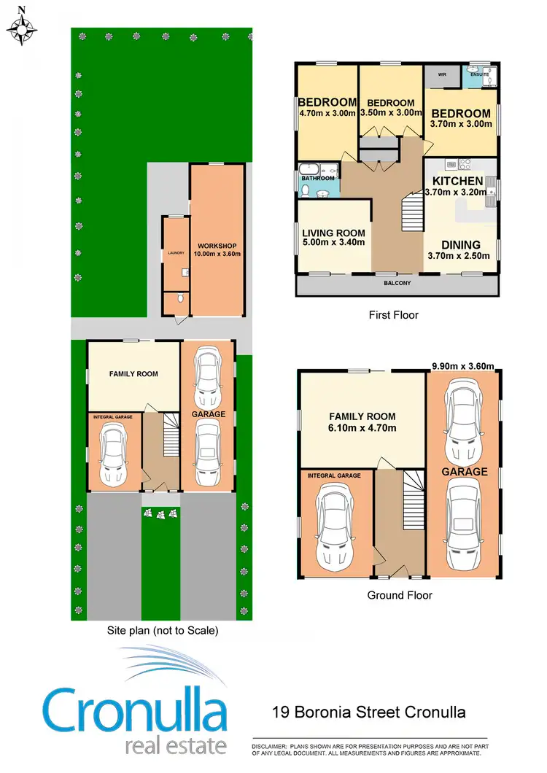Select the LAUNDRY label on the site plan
click(x=174, y=253)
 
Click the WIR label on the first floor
click(x=442, y=74)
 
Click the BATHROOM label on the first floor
click(x=319, y=178)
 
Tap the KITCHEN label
click(x=457, y=181)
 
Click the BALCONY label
click(x=397, y=283)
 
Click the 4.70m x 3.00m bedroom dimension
click(x=327, y=114)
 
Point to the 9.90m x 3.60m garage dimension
click(x=462, y=366)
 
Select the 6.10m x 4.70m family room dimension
click(x=362, y=427)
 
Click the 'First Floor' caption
click(x=393, y=315)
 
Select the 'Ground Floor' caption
click(x=400, y=595)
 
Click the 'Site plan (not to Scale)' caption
click(x=161, y=630)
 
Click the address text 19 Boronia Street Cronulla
click(x=368, y=712)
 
